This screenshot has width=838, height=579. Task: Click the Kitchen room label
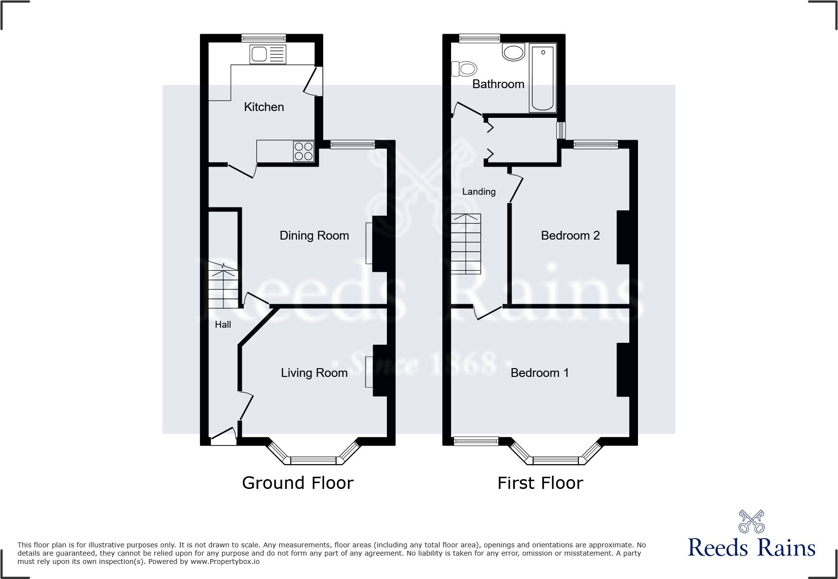(264, 107)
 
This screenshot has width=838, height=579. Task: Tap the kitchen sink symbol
(267, 54)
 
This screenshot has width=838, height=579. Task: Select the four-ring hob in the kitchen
(303, 151)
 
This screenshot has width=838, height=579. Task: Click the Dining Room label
(314, 236)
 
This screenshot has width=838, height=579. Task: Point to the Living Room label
(314, 373)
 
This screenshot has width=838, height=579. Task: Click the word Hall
(223, 325)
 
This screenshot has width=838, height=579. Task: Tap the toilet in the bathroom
(464, 69)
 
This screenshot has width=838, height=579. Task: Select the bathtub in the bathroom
(542, 78)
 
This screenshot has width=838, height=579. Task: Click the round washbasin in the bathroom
(513, 52)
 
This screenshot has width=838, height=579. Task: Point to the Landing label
(479, 192)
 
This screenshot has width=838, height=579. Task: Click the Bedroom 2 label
(570, 236)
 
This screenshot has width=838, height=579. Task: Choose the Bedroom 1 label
(539, 373)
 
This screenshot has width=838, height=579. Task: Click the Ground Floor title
(297, 483)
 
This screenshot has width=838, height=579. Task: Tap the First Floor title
(540, 483)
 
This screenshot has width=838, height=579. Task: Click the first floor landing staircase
(465, 243)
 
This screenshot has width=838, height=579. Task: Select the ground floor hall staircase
(223, 285)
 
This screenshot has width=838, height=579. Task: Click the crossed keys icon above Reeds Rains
(751, 522)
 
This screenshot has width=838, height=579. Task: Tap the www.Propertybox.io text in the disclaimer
(225, 561)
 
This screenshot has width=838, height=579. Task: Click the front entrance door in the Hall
(223, 435)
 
